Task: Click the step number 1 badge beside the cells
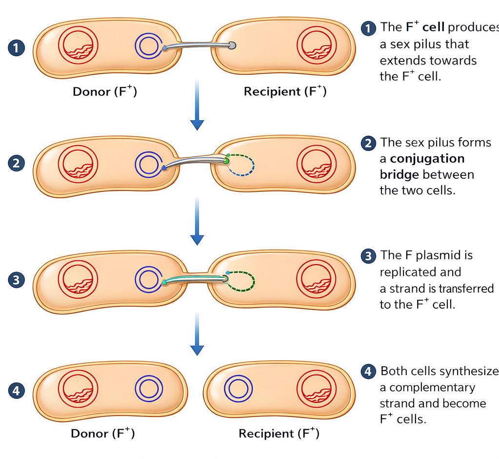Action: coord(17,48)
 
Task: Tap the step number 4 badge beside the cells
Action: coord(17,391)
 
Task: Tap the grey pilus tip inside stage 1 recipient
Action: coord(232,45)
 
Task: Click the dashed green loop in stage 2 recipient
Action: coord(240,165)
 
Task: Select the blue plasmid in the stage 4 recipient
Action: coord(238,389)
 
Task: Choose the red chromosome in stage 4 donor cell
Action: coord(78,389)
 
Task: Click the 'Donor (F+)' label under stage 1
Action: coord(104,91)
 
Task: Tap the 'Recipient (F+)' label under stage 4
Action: coord(279,433)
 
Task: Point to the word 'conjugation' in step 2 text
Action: coord(427,159)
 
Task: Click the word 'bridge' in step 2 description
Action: coord(399,175)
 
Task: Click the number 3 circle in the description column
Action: coord(368,256)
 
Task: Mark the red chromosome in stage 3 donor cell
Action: coord(78,280)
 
